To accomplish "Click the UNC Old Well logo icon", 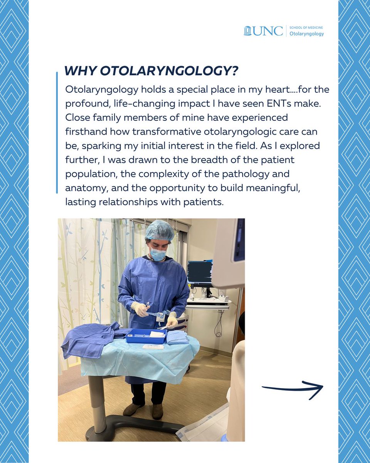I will click(247, 31).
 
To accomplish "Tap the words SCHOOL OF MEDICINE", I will click(306, 28).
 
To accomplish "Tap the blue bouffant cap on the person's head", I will click(160, 231).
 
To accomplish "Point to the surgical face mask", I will click(158, 254).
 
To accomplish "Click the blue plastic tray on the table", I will click(146, 336).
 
